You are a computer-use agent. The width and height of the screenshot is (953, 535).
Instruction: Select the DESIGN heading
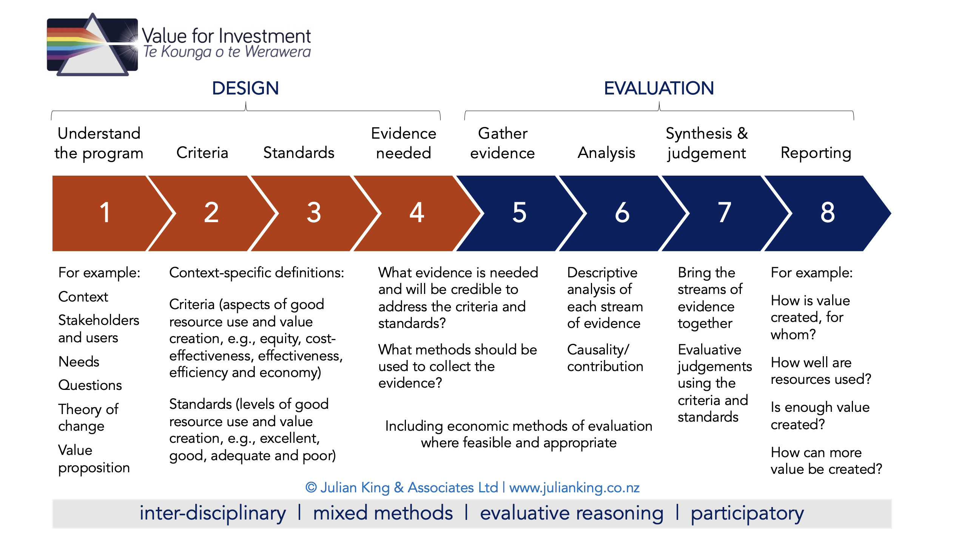245,88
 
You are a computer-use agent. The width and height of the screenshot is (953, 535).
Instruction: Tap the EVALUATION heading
659,88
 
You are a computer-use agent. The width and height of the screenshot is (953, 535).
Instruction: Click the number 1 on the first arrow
105,212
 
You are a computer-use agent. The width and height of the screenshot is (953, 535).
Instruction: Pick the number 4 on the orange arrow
417,212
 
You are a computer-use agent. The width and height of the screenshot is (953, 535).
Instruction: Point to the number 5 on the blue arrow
519,212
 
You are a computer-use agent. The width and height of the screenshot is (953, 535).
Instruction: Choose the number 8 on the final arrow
827,212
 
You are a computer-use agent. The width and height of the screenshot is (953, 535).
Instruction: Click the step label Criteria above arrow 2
202,153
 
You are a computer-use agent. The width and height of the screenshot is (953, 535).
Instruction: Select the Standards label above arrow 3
299,153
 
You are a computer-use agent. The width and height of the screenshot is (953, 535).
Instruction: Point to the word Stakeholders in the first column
99,320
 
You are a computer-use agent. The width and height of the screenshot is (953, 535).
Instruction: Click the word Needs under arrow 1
79,362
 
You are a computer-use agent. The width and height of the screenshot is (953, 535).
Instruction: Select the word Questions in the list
90,385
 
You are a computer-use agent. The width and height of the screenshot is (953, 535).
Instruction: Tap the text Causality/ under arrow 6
598,350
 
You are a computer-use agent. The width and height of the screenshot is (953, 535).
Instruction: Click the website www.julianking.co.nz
574,488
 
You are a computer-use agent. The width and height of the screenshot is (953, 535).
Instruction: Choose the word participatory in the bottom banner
747,514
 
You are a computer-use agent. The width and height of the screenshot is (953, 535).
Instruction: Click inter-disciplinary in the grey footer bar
213,514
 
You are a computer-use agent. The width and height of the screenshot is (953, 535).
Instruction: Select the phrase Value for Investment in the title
226,36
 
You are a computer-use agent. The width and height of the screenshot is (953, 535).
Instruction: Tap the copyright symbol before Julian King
311,487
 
